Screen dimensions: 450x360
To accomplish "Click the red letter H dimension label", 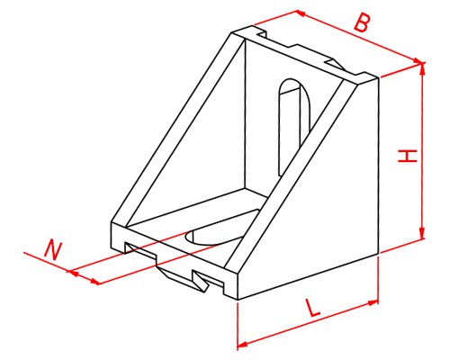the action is tap(408, 156).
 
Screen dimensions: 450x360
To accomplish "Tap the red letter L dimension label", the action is tap(312, 308).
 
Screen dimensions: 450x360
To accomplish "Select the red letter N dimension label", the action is tap(52, 249).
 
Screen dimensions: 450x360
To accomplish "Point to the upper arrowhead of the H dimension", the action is tap(422, 68).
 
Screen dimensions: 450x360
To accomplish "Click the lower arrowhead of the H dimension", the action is tap(422, 233).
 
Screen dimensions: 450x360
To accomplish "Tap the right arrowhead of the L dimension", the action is tap(373, 302).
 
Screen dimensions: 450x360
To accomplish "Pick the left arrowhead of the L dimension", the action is tap(242, 344).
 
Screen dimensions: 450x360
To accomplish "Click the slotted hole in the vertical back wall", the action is tap(294, 126).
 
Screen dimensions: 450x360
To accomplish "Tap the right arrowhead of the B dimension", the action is tap(418, 61).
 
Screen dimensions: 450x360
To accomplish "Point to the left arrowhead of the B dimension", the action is tap(301, 13).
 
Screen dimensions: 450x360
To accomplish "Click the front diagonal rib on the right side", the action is tap(291, 177).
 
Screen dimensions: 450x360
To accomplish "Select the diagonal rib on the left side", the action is tap(178, 129).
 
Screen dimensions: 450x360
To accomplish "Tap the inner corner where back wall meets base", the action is tap(246, 189).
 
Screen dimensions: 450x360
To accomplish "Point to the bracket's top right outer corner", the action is tap(379, 78).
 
